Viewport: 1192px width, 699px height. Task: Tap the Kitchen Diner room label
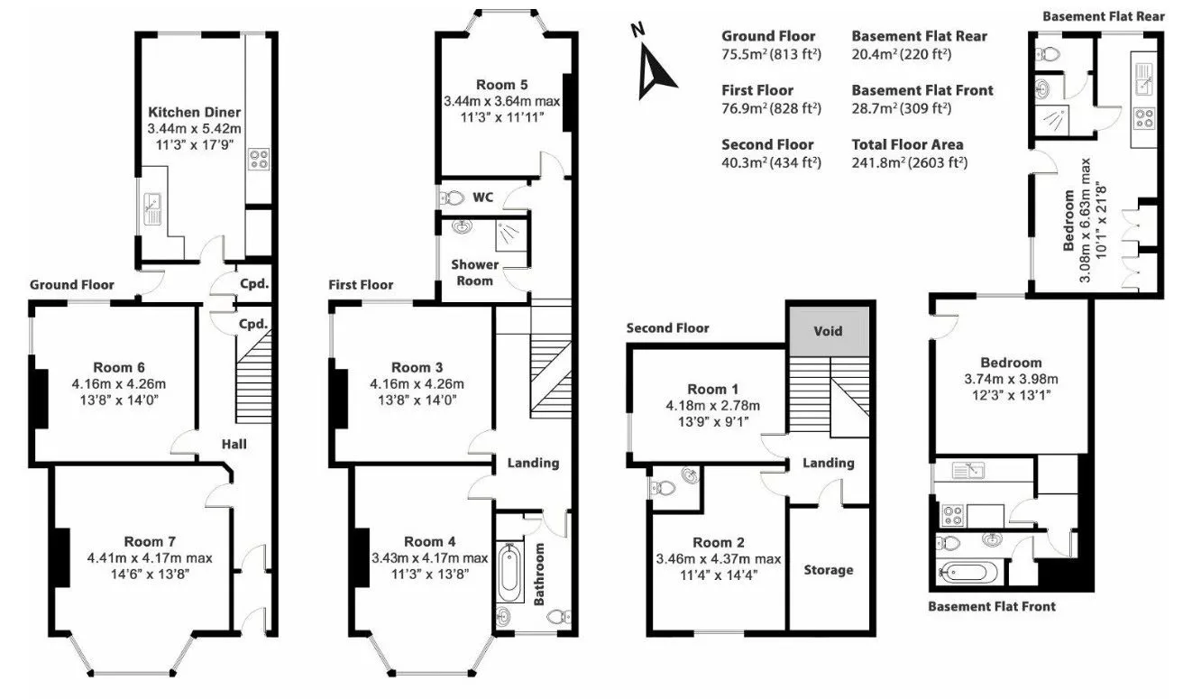click(195, 113)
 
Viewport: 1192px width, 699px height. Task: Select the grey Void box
click(828, 331)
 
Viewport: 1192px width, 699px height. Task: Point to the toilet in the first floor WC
click(451, 198)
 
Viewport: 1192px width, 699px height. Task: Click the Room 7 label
click(150, 541)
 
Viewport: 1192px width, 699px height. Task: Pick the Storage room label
click(828, 570)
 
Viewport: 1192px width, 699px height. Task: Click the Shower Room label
click(474, 272)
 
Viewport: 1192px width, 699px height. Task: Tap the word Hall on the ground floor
click(234, 444)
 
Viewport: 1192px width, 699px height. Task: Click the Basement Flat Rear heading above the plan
click(1103, 16)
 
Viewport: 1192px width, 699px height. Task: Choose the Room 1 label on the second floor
click(712, 390)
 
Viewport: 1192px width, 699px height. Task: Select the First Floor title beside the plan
click(361, 285)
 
